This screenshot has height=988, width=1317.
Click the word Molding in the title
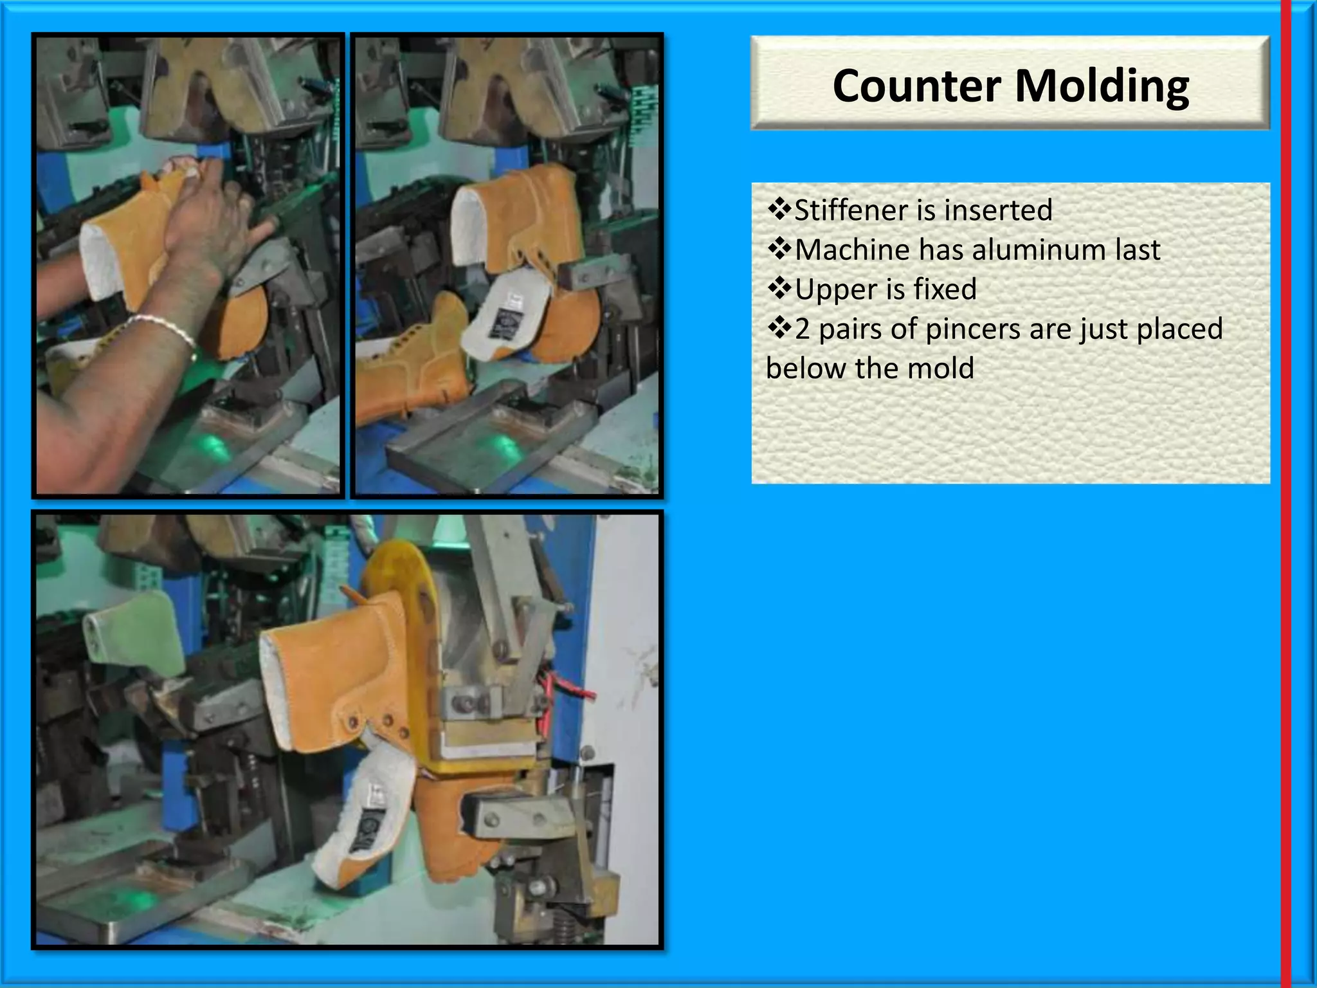point(1102,86)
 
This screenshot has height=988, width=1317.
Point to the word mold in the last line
point(942,369)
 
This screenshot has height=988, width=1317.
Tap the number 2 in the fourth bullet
point(802,329)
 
